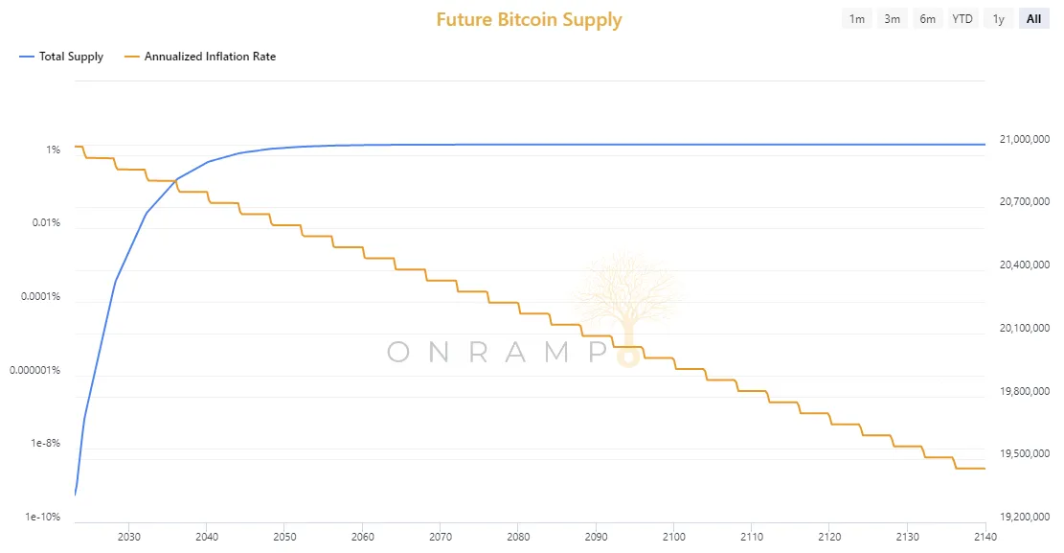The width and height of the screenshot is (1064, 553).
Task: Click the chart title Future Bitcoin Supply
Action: (529, 20)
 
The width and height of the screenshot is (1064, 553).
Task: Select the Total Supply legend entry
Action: (61, 57)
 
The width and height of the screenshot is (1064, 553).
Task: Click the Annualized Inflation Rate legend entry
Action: (200, 57)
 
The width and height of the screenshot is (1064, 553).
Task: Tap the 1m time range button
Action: (857, 19)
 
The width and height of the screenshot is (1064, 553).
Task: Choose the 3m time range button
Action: (893, 19)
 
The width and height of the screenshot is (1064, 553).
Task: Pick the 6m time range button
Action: (928, 19)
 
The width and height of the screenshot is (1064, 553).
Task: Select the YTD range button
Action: (962, 19)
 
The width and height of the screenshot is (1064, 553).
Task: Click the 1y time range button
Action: (998, 19)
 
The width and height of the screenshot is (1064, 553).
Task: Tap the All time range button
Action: (1033, 19)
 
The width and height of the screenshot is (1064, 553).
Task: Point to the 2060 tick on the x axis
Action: (362, 537)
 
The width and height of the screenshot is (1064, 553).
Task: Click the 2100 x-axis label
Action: (674, 537)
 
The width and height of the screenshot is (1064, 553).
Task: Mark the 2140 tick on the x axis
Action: (985, 537)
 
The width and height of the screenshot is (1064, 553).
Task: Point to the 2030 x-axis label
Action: (129, 537)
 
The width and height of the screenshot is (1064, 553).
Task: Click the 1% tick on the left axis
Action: (53, 150)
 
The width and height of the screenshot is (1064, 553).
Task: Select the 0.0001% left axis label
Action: (41, 296)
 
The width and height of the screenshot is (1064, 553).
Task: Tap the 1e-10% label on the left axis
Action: (43, 517)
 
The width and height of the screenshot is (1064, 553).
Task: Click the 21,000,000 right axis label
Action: (1025, 139)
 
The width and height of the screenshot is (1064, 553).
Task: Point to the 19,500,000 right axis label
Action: (1025, 454)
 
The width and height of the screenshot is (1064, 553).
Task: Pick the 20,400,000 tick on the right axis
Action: (1025, 265)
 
